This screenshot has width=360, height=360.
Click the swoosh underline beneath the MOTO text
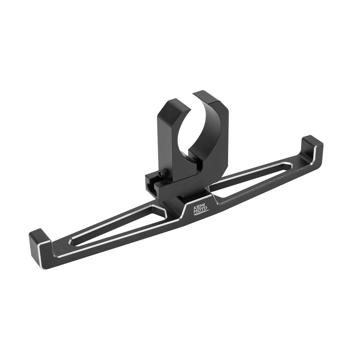pyautogui.click(x=200, y=213)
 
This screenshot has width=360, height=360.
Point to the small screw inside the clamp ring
pyautogui.click(x=194, y=159)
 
